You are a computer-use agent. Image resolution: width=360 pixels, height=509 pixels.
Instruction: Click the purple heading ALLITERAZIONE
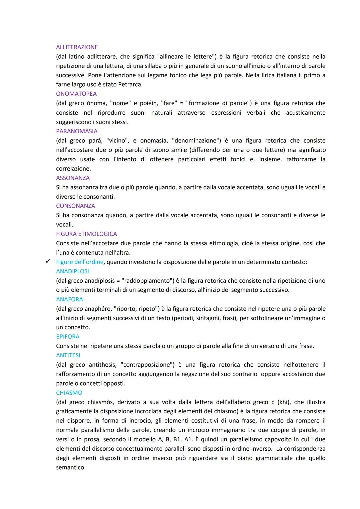[x=77, y=47]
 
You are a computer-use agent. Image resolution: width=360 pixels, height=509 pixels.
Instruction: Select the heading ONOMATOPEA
[x=76, y=94]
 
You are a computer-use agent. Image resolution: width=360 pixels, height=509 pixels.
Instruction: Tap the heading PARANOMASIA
[x=77, y=131]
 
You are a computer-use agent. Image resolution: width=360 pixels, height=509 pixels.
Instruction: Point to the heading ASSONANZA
[x=73, y=178]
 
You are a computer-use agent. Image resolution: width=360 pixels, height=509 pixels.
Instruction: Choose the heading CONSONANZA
[x=75, y=206]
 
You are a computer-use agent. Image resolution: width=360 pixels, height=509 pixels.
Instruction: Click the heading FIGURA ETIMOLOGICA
[x=86, y=234]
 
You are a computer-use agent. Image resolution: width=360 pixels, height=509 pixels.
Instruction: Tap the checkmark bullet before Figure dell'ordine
[x=48, y=262]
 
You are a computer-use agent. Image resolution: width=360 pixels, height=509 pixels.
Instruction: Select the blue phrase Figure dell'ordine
[x=80, y=262]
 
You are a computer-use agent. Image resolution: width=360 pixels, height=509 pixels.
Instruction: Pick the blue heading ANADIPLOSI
[x=72, y=271]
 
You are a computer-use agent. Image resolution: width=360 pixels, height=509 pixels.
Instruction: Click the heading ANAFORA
[x=69, y=299]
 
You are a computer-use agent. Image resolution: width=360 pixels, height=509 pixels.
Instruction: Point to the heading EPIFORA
[x=68, y=337]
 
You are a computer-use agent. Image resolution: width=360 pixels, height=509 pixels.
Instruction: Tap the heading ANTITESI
[x=68, y=355]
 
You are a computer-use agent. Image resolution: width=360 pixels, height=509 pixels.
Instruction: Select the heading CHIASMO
[x=69, y=393]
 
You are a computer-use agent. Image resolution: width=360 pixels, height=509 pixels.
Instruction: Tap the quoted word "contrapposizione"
[x=147, y=365]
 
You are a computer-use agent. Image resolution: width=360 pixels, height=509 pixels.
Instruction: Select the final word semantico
[x=71, y=467]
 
